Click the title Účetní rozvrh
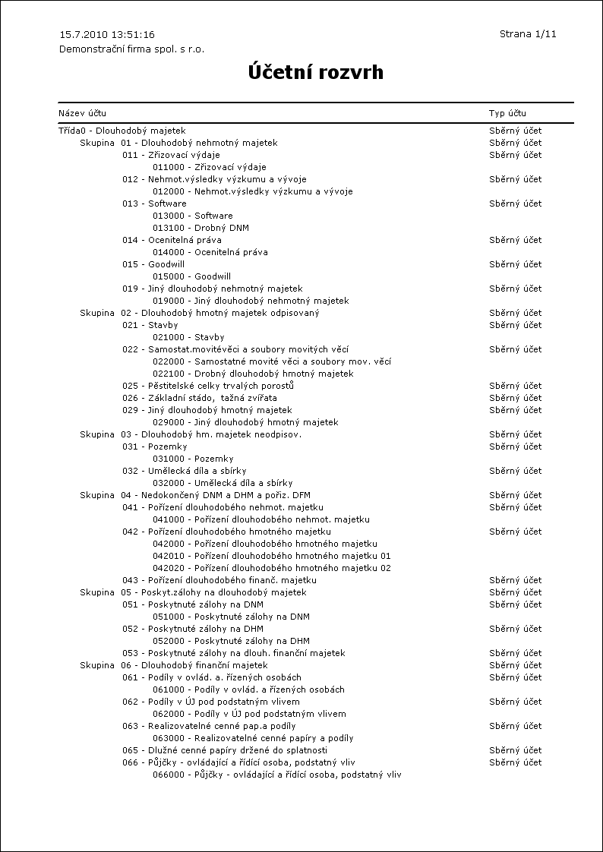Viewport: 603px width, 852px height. (x=315, y=73)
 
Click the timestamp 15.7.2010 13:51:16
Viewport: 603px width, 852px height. (x=107, y=35)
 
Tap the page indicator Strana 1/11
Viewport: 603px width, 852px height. (x=528, y=34)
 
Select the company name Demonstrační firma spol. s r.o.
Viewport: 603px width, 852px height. (x=131, y=49)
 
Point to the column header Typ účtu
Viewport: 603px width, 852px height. (x=507, y=113)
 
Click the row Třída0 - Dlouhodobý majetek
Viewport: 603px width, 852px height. (x=122, y=131)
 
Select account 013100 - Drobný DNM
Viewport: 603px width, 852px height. (x=200, y=228)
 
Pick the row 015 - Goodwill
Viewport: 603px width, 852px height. (x=153, y=264)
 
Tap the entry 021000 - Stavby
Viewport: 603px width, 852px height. (x=188, y=337)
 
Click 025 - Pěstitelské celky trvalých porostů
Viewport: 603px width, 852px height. (x=208, y=386)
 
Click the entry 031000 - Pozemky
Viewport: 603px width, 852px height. (x=193, y=459)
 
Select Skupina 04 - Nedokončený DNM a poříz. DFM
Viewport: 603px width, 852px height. (x=194, y=495)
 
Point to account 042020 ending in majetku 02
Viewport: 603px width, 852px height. (x=272, y=568)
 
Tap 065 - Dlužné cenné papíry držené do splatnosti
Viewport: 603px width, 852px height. (x=225, y=750)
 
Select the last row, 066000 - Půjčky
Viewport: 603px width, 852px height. (x=276, y=775)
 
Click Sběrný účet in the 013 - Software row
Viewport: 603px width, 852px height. (x=515, y=204)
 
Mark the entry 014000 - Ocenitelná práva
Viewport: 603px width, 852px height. (x=210, y=252)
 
